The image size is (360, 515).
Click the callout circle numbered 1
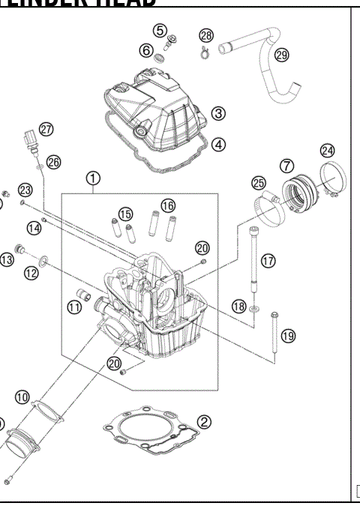click(x=93, y=178)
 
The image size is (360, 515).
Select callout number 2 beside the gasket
click(x=204, y=423)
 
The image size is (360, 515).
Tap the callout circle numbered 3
click(x=218, y=113)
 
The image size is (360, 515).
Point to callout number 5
click(x=160, y=30)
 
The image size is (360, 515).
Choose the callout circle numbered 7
click(x=286, y=165)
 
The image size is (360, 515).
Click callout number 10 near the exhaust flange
click(x=22, y=396)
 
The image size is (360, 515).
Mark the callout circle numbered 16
click(x=167, y=205)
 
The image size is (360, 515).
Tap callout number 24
click(x=328, y=149)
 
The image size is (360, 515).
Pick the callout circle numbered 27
click(x=46, y=130)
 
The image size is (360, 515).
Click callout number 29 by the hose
click(x=281, y=55)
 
